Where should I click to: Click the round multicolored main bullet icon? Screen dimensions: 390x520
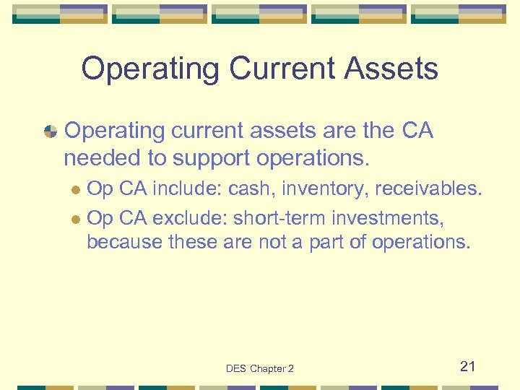click(51, 131)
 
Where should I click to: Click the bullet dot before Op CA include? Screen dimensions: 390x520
click(77, 191)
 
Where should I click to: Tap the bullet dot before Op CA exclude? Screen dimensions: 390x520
click(77, 217)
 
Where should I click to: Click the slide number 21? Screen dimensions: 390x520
click(468, 366)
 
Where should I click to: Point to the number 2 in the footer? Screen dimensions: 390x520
click(290, 368)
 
